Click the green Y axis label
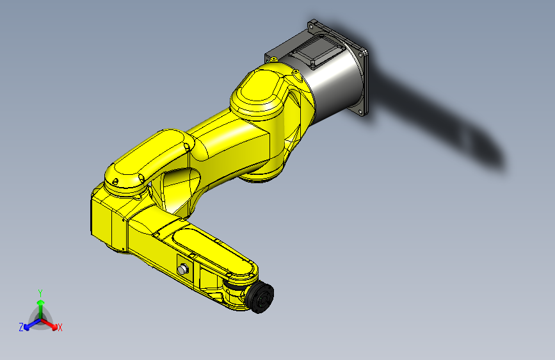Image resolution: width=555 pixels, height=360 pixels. [40, 292]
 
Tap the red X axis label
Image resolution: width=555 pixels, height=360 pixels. [60, 328]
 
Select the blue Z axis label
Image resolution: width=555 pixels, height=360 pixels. [21, 327]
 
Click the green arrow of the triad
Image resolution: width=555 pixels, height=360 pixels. [40, 304]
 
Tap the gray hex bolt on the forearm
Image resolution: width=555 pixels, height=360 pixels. [183, 269]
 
